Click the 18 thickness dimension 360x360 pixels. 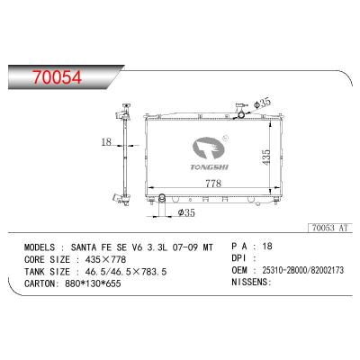click(x=105, y=141)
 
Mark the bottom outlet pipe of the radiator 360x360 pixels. click(x=161, y=197)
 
